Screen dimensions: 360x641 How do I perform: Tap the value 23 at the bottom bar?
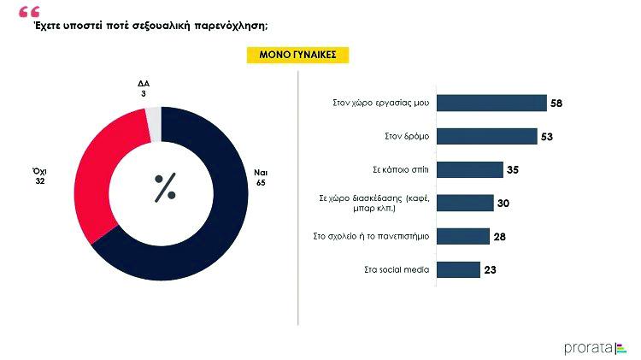pos(491,269)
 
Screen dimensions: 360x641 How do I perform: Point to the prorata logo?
pos(595,346)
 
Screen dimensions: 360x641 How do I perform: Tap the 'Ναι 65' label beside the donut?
pos(261,177)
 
